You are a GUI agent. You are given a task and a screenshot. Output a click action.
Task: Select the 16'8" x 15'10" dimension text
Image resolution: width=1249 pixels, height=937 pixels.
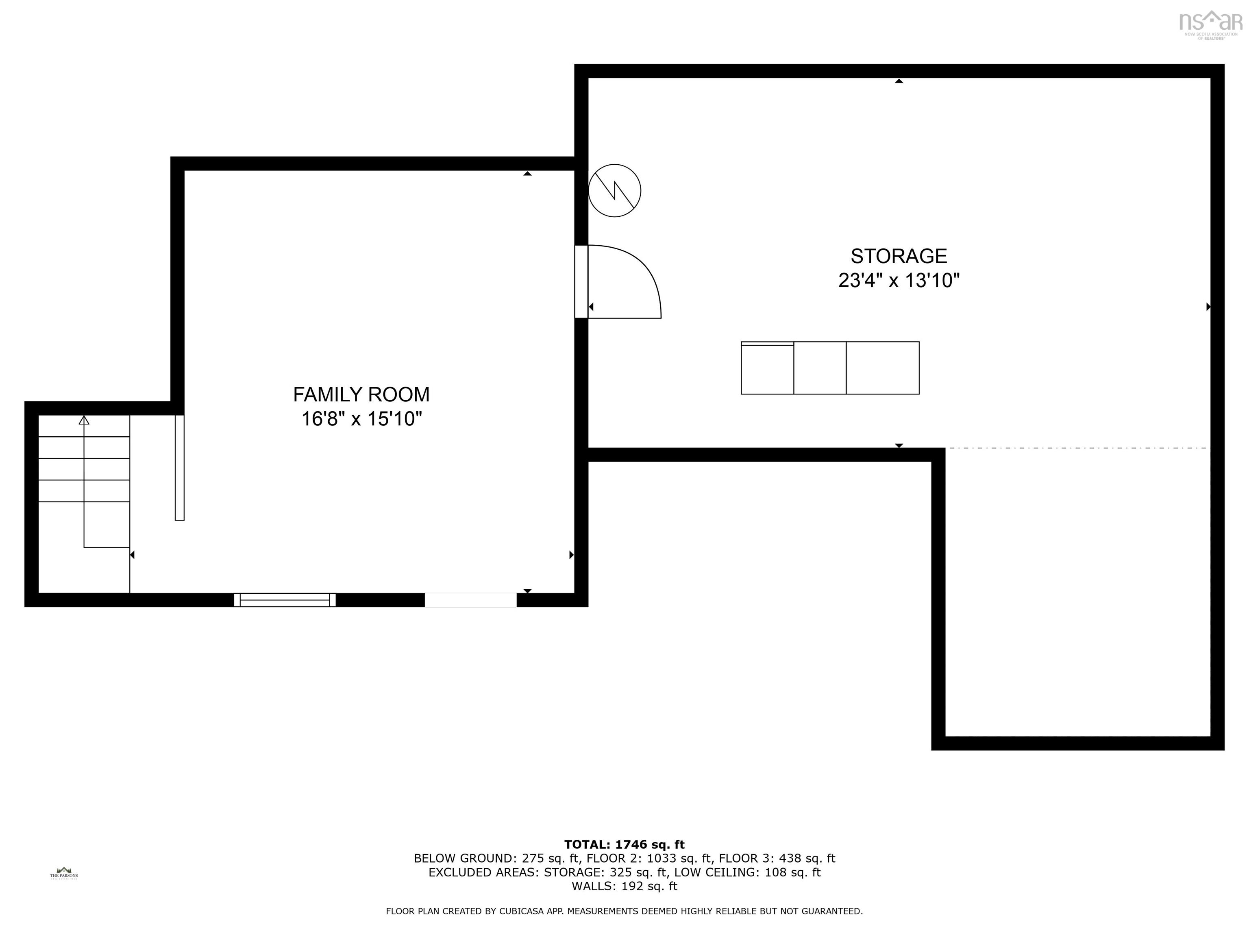pyautogui.click(x=361, y=419)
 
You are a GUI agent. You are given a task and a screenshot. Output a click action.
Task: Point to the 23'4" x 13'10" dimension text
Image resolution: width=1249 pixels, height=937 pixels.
pyautogui.click(x=899, y=280)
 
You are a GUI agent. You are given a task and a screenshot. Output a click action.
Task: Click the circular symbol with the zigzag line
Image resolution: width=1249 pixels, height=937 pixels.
pyautogui.click(x=614, y=190)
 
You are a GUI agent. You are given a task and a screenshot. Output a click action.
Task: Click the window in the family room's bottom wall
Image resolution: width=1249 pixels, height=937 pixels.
pyautogui.click(x=285, y=600)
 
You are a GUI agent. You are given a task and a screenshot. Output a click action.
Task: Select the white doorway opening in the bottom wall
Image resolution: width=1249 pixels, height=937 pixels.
pyautogui.click(x=470, y=600)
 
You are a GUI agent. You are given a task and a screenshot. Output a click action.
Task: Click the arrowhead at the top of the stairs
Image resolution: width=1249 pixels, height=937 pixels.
pyautogui.click(x=84, y=420)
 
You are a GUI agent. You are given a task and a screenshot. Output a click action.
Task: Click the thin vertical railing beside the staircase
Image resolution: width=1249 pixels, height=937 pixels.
pyautogui.click(x=180, y=468)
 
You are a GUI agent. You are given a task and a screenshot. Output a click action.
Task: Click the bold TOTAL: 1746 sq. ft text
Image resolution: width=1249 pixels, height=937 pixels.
pyautogui.click(x=624, y=844)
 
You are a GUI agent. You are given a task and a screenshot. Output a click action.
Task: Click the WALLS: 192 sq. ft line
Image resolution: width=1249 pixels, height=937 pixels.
pyautogui.click(x=624, y=886)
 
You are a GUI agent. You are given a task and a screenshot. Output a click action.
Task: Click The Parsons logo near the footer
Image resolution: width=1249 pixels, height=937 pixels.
pyautogui.click(x=64, y=873)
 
